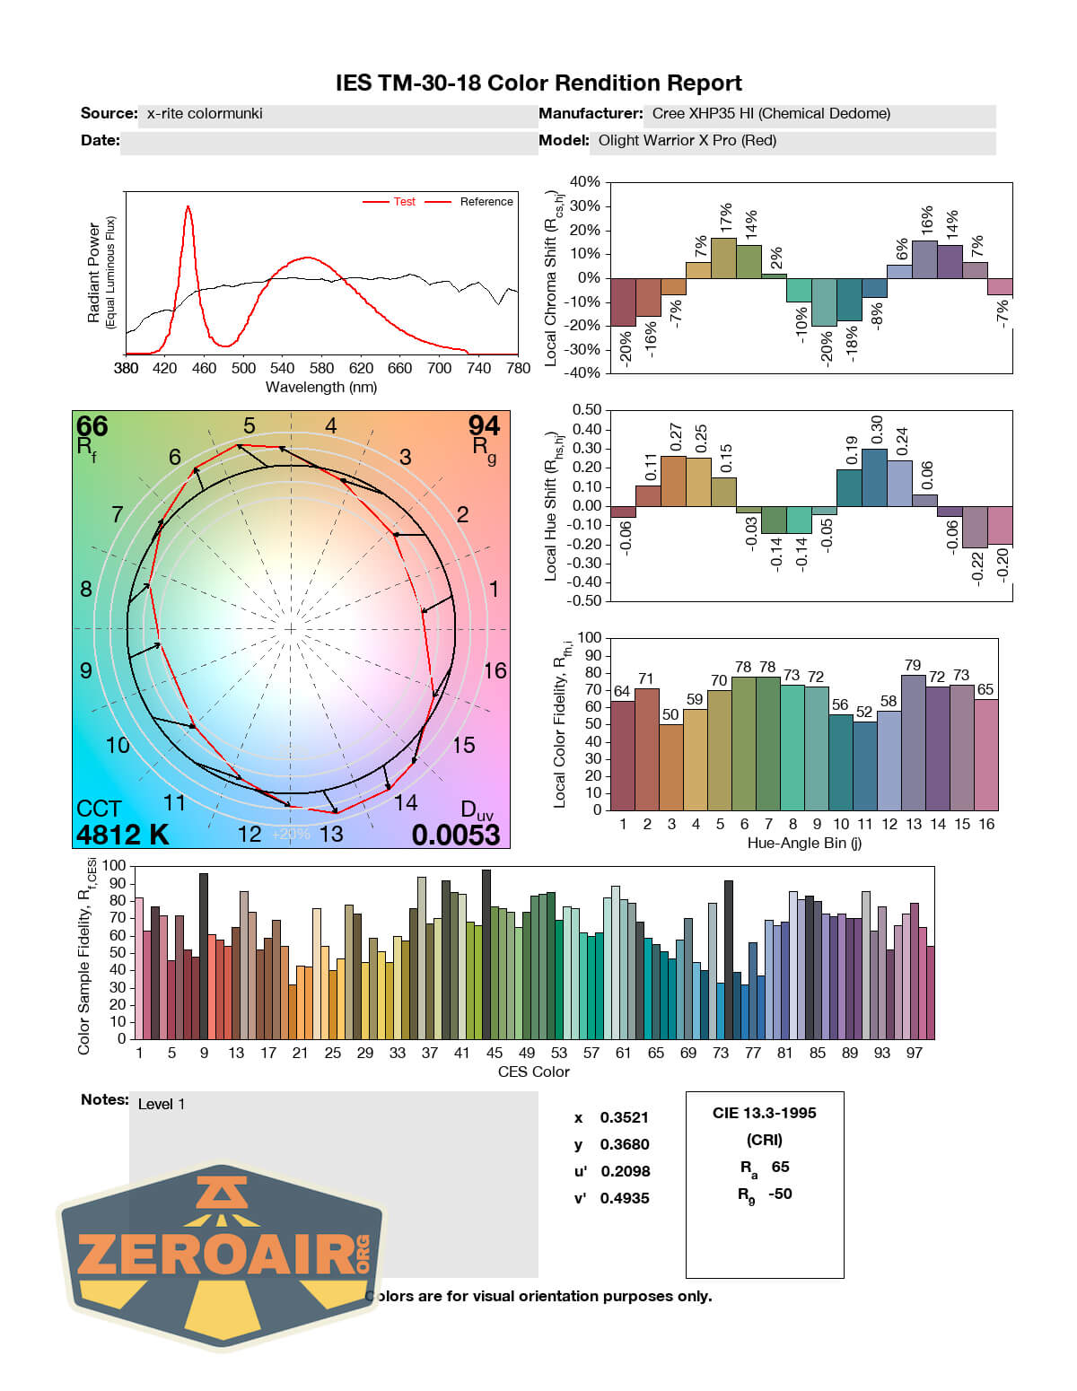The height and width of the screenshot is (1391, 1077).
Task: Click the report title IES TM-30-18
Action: pyautogui.click(x=538, y=83)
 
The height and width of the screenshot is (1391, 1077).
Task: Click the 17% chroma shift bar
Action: pyautogui.click(x=723, y=258)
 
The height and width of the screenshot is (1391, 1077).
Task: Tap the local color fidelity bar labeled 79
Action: pyautogui.click(x=913, y=741)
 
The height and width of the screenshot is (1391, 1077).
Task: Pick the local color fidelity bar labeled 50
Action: pyautogui.click(x=671, y=766)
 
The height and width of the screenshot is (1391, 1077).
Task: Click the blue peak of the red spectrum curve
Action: pyautogui.click(x=188, y=208)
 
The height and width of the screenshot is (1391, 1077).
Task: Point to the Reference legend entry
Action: pyautogui.click(x=486, y=202)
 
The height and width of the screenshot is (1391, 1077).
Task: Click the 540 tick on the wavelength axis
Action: pyautogui.click(x=282, y=368)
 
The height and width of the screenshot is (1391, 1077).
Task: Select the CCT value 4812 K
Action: pyautogui.click(x=123, y=835)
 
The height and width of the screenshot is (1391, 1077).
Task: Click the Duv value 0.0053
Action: pyautogui.click(x=456, y=835)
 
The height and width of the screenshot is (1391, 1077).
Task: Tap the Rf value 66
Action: pyautogui.click(x=92, y=425)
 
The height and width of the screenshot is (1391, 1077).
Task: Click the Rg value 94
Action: pyautogui.click(x=484, y=425)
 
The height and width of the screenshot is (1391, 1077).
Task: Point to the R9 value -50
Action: pyautogui.click(x=780, y=1194)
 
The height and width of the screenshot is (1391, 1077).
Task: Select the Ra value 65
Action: pyautogui.click(x=780, y=1167)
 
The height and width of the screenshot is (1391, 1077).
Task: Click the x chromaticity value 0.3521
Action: pyautogui.click(x=624, y=1117)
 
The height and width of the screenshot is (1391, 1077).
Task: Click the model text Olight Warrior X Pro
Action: pyautogui.click(x=687, y=141)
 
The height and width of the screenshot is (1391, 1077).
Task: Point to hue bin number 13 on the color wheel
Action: pyautogui.click(x=331, y=834)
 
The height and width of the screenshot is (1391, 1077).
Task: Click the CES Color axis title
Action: pyautogui.click(x=533, y=1072)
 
